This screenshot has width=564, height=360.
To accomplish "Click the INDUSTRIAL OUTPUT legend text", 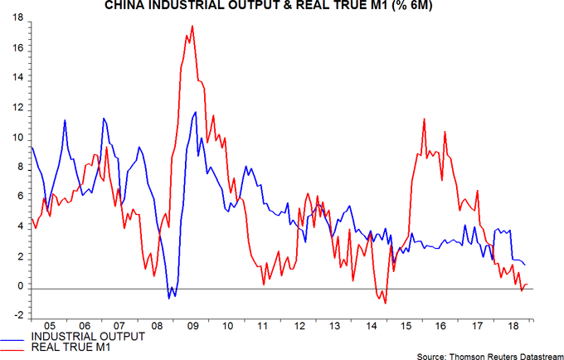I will pyautogui.click(x=88, y=336).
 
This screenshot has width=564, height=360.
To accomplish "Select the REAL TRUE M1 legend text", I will pyautogui.click(x=70, y=347).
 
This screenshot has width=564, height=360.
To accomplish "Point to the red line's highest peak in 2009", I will pyautogui.click(x=192, y=26).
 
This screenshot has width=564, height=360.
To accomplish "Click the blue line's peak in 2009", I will pyautogui.click(x=195, y=112).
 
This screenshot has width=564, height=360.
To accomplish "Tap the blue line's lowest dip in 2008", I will pyautogui.click(x=169, y=298).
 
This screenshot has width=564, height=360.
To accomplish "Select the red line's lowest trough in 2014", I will pyautogui.click(x=384, y=303).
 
